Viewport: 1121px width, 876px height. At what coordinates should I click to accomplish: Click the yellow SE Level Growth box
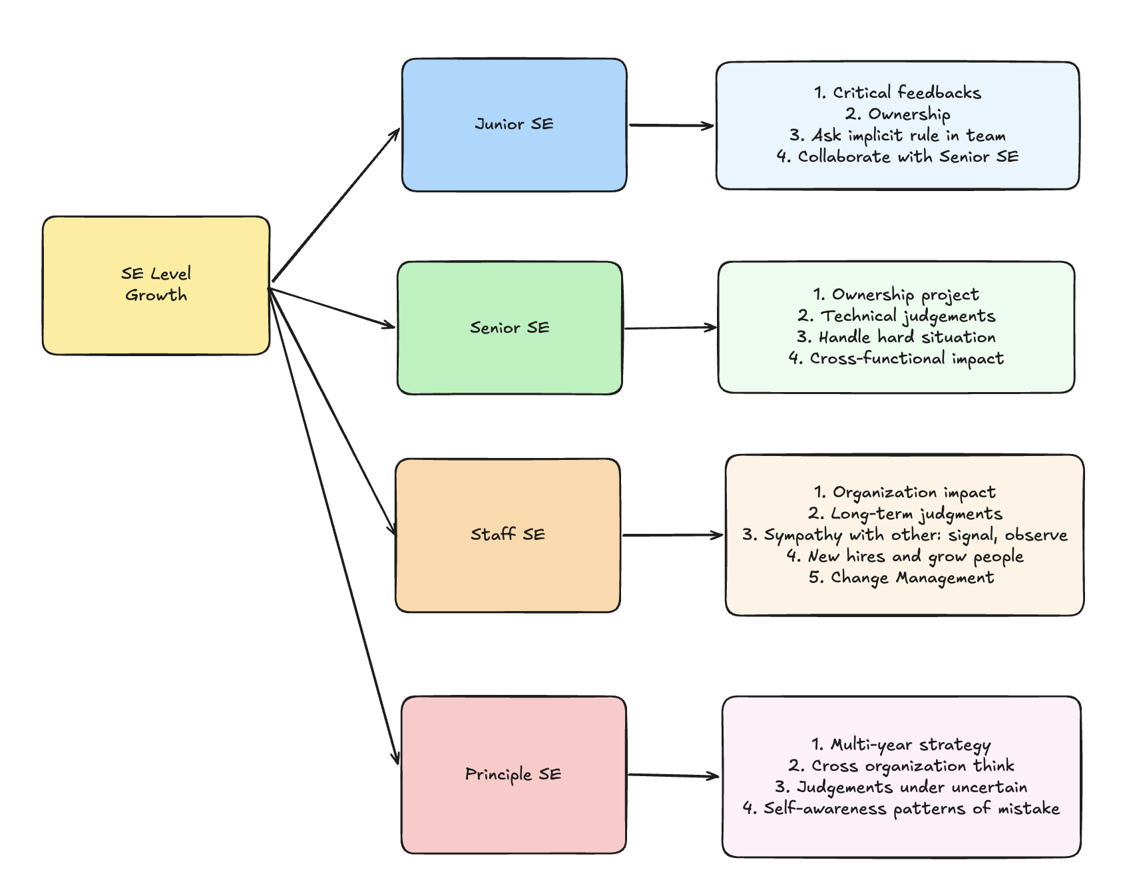click(156, 285)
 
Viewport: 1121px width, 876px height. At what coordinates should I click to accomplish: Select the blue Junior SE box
click(514, 125)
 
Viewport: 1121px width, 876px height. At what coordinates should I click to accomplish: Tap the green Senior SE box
click(510, 328)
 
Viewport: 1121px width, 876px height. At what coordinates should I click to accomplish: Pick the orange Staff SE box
click(508, 535)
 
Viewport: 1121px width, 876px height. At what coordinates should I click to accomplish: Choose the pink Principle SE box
click(513, 775)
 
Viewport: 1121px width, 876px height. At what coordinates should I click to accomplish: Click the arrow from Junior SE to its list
click(672, 125)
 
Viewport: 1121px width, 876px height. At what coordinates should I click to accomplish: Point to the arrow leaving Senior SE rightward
click(671, 328)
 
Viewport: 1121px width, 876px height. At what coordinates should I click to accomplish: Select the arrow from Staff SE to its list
click(673, 535)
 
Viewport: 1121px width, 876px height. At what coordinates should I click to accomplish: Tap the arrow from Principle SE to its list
click(674, 775)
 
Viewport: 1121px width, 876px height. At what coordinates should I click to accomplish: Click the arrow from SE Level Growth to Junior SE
click(336, 204)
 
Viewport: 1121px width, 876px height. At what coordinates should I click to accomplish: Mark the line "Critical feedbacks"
click(907, 93)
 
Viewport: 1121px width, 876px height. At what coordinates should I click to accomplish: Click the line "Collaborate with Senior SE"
click(908, 156)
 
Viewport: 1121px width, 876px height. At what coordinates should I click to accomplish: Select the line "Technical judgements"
click(907, 316)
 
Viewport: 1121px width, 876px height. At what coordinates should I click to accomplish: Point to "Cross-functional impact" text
click(907, 359)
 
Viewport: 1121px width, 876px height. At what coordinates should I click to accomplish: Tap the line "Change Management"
click(912, 578)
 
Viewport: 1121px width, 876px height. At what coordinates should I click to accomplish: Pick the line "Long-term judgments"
click(916, 514)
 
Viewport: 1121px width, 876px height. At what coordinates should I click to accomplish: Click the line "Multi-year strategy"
click(910, 745)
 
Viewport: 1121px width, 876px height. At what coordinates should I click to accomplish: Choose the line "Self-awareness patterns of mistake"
click(911, 809)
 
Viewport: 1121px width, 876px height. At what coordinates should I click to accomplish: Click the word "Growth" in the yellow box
click(156, 296)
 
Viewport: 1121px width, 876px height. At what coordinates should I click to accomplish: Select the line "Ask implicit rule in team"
click(909, 136)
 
